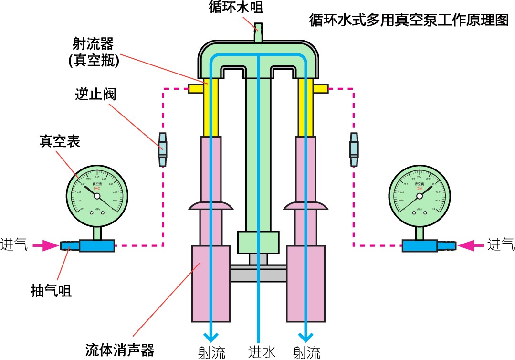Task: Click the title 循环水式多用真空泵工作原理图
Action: pos(409,21)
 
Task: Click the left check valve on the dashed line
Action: pos(163,149)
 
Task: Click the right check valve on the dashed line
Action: pos(354,149)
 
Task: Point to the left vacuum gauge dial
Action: pos(97,196)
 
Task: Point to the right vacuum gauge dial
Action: pos(420,196)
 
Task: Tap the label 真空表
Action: pos(60,141)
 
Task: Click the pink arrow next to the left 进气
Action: pos(48,245)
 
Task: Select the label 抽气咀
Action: pos(51,290)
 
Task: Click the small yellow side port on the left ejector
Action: pos(196,89)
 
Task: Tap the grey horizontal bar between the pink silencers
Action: pos(258,275)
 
